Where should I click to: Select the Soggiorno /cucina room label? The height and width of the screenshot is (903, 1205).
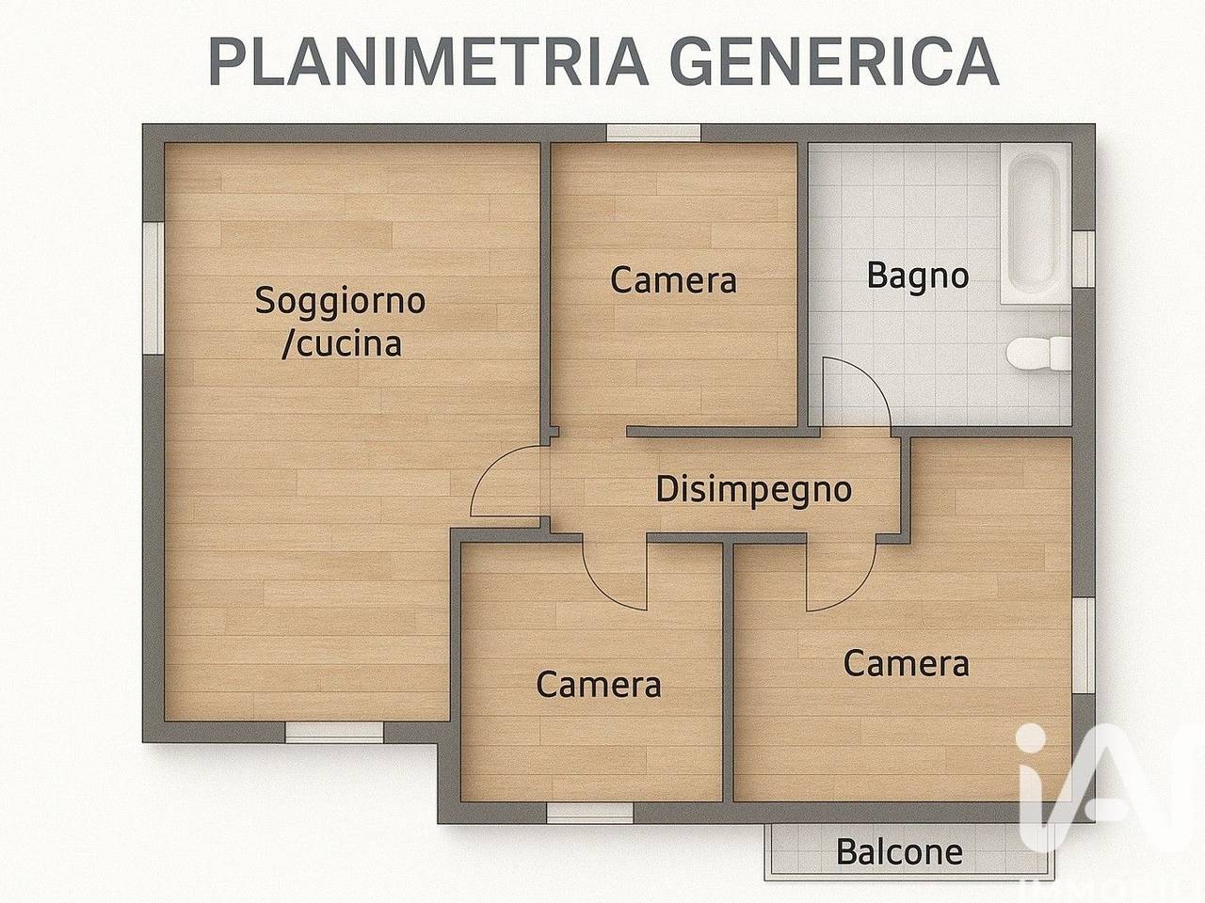(341, 322)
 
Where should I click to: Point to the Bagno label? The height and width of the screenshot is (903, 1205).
(917, 277)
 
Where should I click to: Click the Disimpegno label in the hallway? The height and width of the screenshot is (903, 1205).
(753, 489)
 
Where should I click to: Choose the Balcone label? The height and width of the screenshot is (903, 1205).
(899, 852)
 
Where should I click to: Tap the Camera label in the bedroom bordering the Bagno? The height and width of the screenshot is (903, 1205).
(673, 279)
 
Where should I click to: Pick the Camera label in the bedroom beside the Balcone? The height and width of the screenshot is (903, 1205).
(906, 663)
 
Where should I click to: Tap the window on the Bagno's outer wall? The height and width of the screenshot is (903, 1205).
(1084, 258)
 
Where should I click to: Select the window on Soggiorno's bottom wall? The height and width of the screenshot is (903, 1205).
(334, 731)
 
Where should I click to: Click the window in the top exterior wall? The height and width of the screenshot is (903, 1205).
(653, 133)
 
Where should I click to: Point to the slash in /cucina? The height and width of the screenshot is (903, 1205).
(288, 344)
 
